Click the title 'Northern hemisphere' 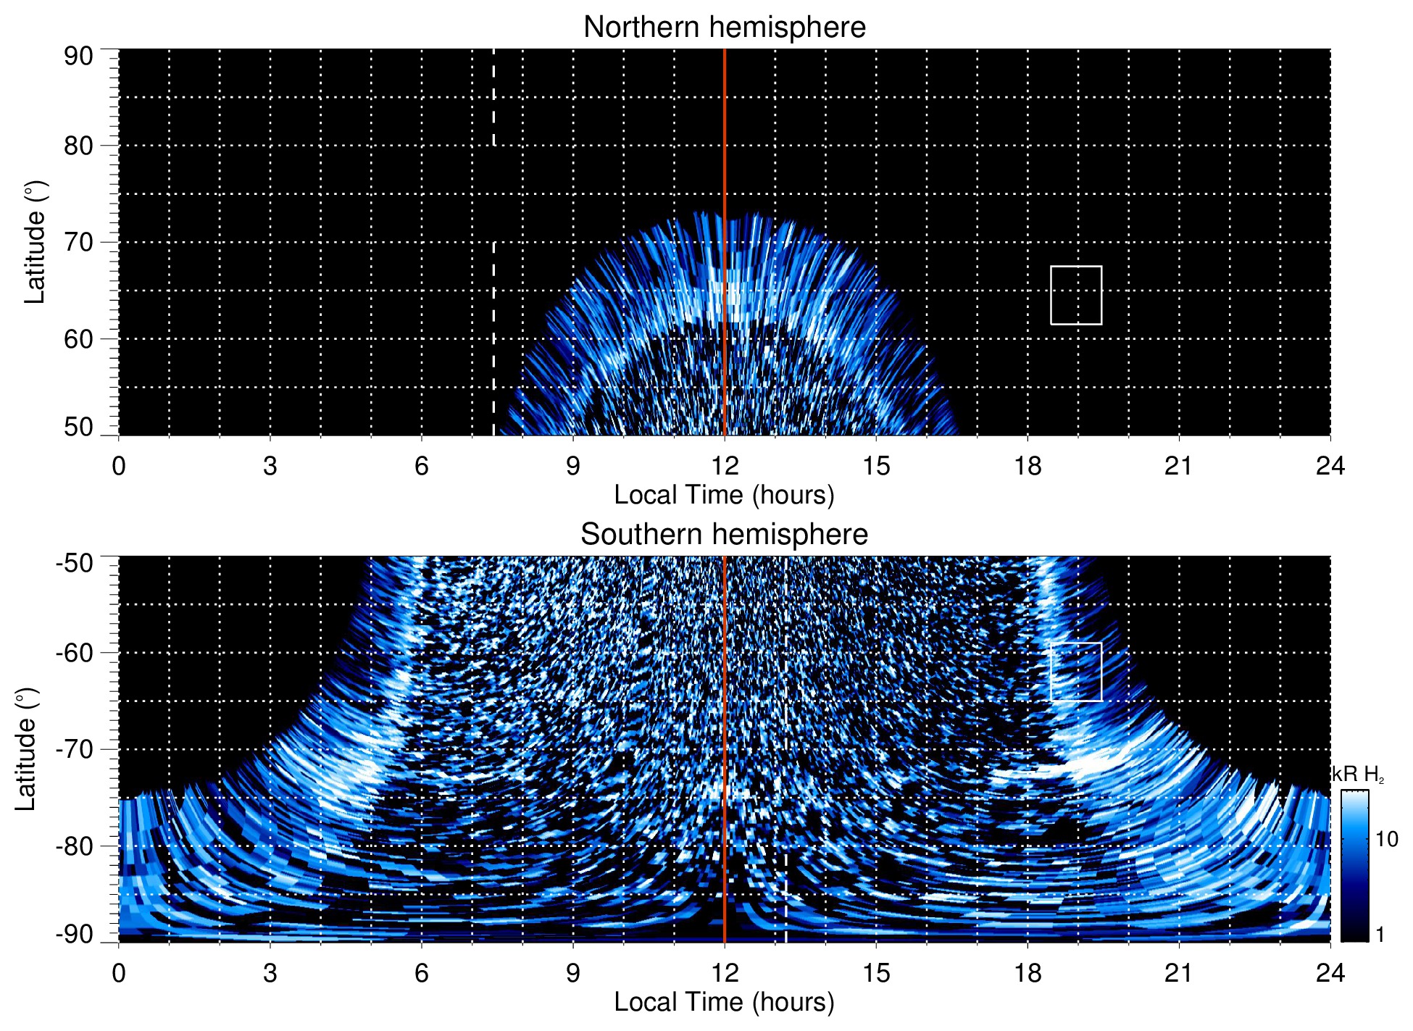(724, 28)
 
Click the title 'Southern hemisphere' (724, 535)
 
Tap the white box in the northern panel (1076, 296)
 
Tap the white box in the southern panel (1076, 672)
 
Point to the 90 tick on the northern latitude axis (78, 57)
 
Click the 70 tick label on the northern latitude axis (78, 242)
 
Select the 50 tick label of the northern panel (78, 427)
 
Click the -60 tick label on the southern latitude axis (75, 653)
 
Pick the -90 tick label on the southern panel (75, 935)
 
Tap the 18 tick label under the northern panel (1028, 466)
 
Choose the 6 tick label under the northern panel (422, 466)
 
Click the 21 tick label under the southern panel (1179, 973)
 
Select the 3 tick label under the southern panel (270, 973)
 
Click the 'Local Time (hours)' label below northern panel (724, 495)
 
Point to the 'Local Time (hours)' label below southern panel (724, 1002)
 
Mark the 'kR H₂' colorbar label (1358, 775)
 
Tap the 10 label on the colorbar (1387, 839)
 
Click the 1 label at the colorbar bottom (1380, 935)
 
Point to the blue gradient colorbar (1354, 866)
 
